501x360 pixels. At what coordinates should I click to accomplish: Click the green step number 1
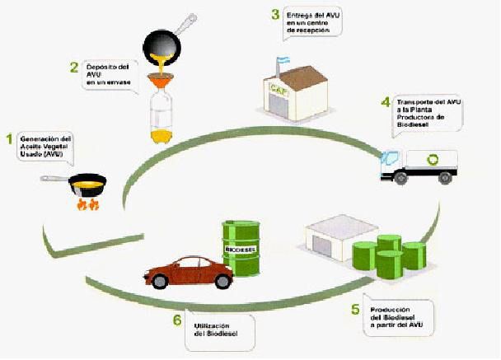(x=10, y=139)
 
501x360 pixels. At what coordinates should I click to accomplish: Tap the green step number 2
(x=74, y=67)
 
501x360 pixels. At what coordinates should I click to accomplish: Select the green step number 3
(x=274, y=14)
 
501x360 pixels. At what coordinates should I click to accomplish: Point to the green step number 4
(x=384, y=104)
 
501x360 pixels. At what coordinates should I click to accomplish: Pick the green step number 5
(x=355, y=310)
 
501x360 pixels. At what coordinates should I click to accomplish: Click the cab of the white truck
(x=394, y=166)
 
